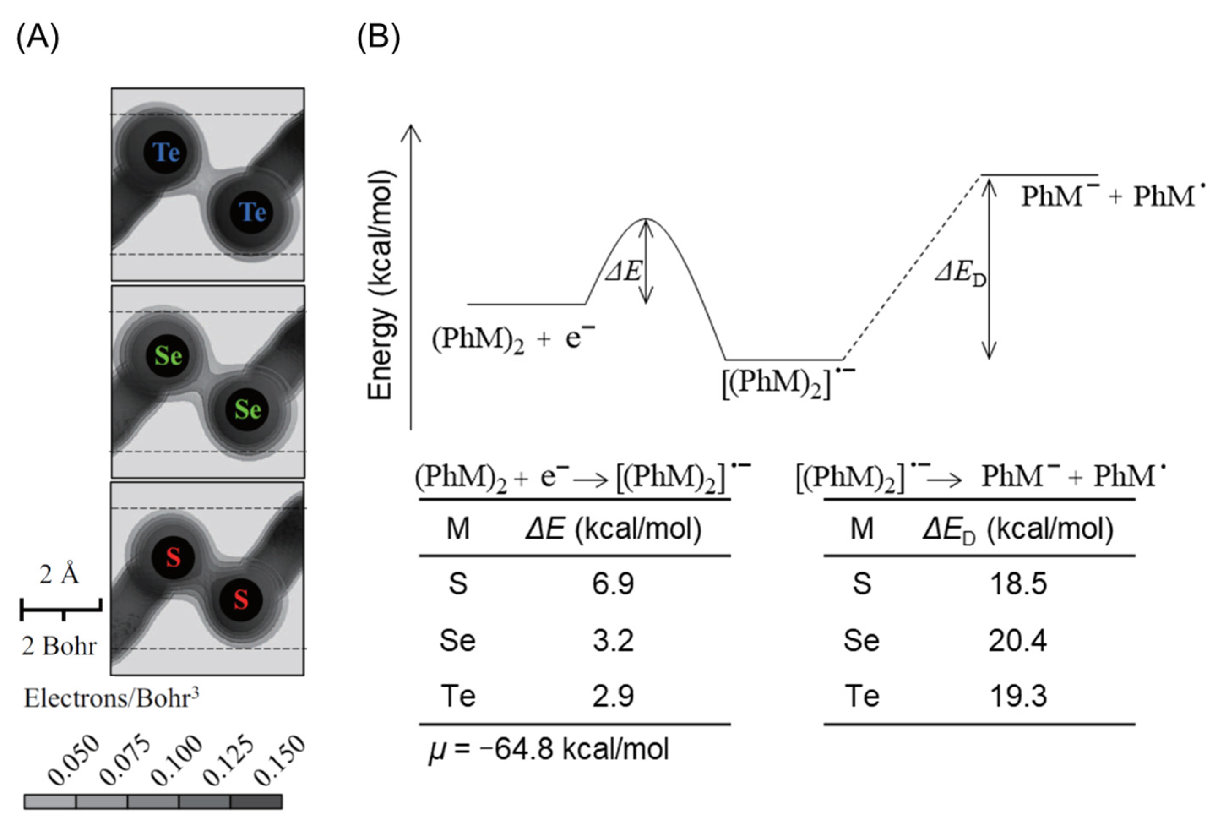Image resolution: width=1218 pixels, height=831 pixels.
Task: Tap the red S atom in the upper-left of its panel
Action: (173, 557)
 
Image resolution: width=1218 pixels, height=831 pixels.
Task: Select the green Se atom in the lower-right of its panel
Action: (247, 409)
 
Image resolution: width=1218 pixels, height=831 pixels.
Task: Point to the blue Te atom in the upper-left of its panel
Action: (166, 153)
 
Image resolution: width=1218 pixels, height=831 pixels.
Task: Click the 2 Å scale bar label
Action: (59, 575)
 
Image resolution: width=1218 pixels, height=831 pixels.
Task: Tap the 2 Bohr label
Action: (59, 646)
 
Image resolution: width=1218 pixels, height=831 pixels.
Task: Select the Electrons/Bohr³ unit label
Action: (111, 698)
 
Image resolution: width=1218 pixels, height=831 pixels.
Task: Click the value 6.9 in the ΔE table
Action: (613, 583)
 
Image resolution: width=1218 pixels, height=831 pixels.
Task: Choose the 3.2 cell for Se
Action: (613, 640)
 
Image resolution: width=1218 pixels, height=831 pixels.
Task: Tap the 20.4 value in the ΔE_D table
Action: (1017, 640)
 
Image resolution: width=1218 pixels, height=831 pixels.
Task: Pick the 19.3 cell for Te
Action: (1017, 696)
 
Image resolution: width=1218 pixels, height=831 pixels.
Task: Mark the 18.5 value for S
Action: (1017, 583)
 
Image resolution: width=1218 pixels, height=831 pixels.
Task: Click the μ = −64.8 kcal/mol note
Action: (548, 749)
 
